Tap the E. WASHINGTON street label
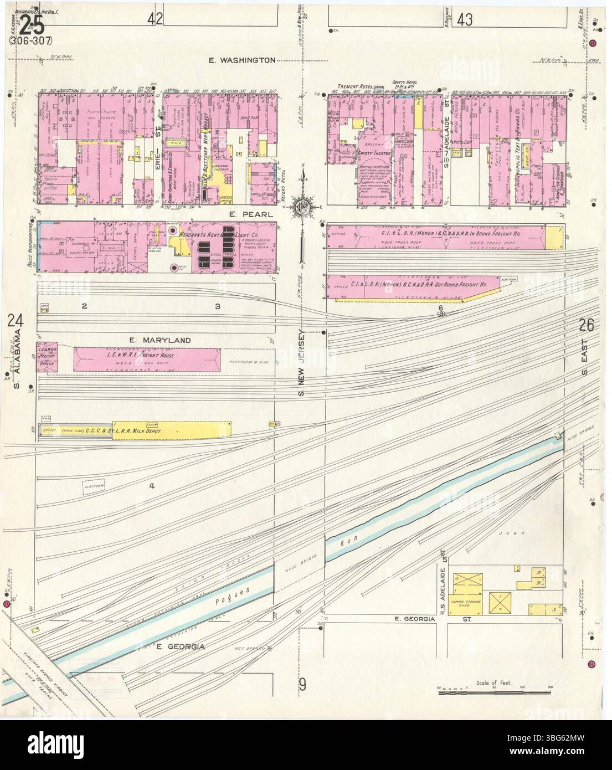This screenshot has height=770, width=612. click(241, 60)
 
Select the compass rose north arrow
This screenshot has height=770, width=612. click(303, 206)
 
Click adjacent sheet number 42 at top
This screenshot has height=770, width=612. click(155, 19)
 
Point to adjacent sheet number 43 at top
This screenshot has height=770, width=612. click(464, 20)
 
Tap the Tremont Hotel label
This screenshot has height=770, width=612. click(354, 87)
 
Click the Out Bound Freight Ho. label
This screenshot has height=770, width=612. click(421, 284)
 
